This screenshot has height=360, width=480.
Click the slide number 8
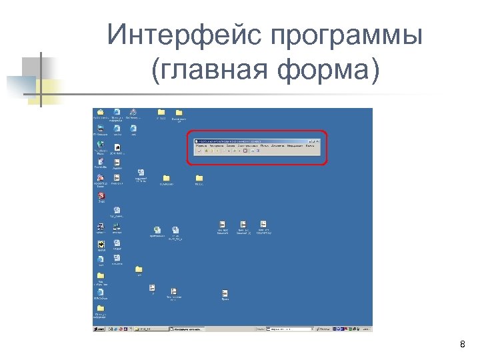463,345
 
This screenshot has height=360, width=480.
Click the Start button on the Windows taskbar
99,329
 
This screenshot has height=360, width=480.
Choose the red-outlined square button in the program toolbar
245,151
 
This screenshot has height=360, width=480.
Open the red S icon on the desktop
101,195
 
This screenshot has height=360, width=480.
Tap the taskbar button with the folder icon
150,329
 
